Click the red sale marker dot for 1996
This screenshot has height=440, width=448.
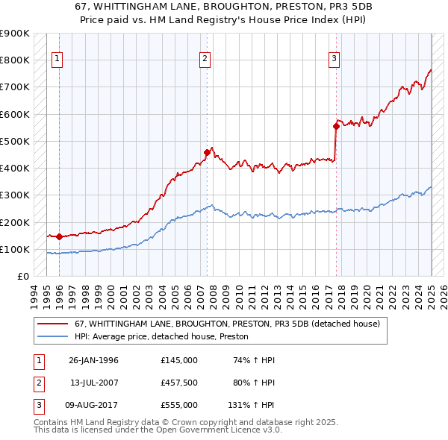59,236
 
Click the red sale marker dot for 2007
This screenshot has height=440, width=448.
207,152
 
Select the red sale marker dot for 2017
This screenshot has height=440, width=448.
336,126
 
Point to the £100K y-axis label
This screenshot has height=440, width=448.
15,249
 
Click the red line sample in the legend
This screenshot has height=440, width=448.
52,324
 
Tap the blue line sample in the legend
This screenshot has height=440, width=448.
52,336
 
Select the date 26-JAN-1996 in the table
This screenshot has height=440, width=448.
94,360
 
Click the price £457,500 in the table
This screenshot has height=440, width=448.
179,383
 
